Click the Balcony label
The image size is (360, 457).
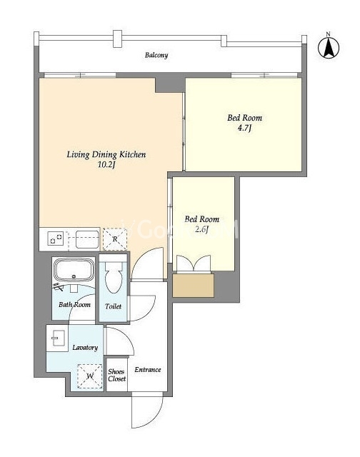(156, 55)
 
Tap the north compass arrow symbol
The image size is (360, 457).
(329, 48)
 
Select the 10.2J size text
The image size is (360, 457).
(106, 165)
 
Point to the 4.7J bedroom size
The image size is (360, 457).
(244, 128)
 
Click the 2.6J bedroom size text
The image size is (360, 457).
(201, 229)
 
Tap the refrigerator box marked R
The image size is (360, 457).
(115, 239)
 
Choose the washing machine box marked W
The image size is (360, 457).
(90, 376)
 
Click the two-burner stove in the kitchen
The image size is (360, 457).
(56, 238)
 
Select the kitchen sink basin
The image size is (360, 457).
(87, 239)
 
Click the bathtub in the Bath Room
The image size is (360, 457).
(74, 271)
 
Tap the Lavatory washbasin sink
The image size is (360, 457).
(57, 338)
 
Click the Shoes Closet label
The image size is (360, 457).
(116, 375)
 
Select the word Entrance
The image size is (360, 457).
(147, 370)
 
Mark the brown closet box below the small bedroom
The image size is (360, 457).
(194, 285)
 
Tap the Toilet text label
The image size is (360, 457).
(113, 306)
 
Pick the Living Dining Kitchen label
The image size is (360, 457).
(106, 154)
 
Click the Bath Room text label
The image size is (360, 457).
(74, 305)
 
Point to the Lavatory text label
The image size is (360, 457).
(85, 348)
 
